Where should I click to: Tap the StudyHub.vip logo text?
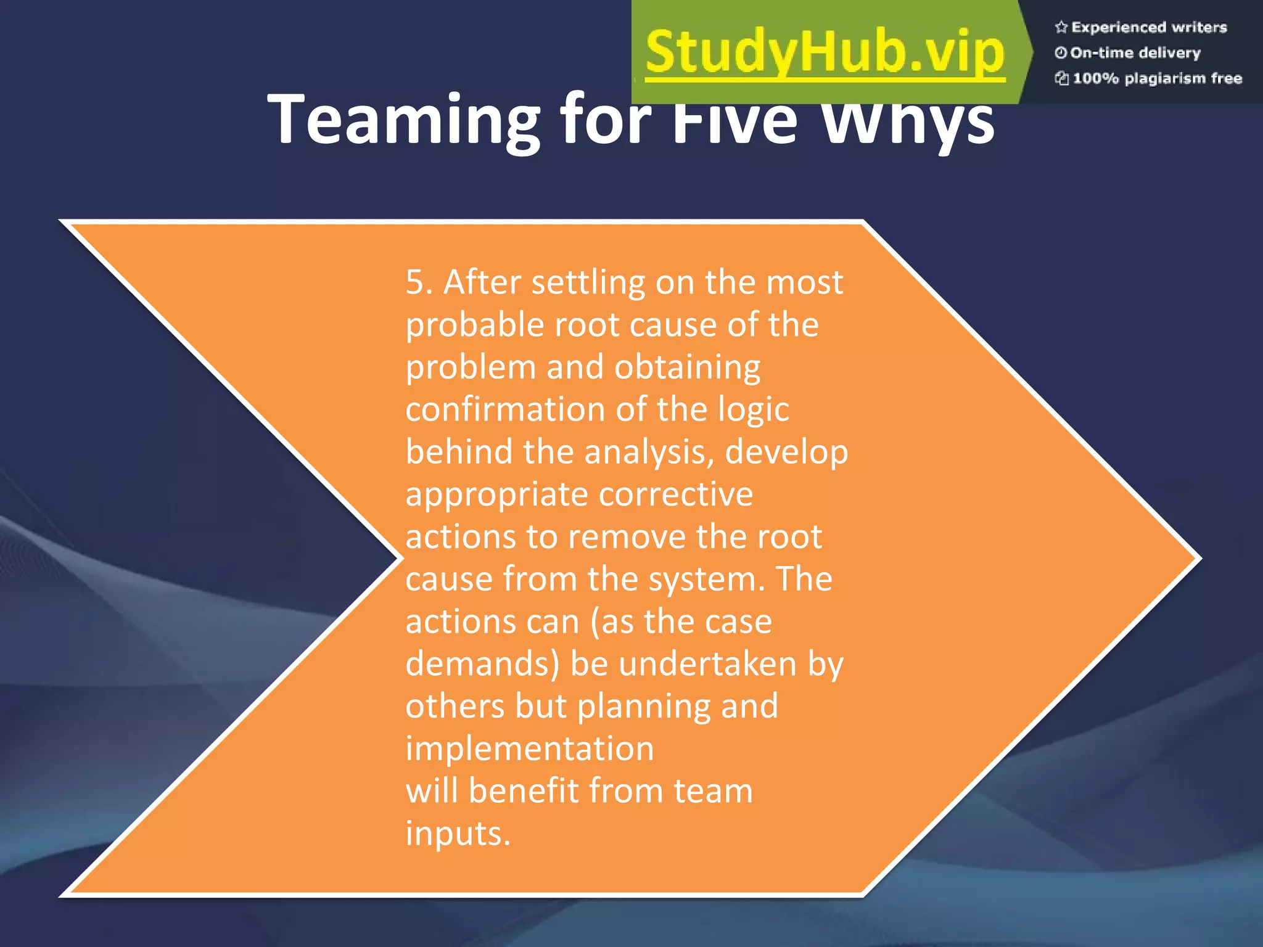825,53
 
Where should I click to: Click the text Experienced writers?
1149,27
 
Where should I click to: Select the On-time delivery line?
1135,53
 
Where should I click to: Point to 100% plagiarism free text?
1157,78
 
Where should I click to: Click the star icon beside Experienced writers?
1061,27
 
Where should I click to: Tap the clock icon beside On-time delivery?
1061,53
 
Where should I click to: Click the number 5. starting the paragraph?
419,282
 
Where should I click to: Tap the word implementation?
530,749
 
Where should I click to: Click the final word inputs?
458,834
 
